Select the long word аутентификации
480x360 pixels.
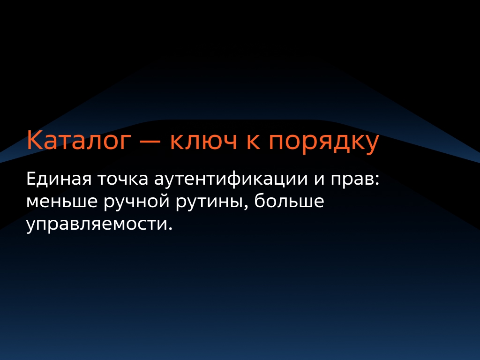pyautogui.click(x=234, y=180)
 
